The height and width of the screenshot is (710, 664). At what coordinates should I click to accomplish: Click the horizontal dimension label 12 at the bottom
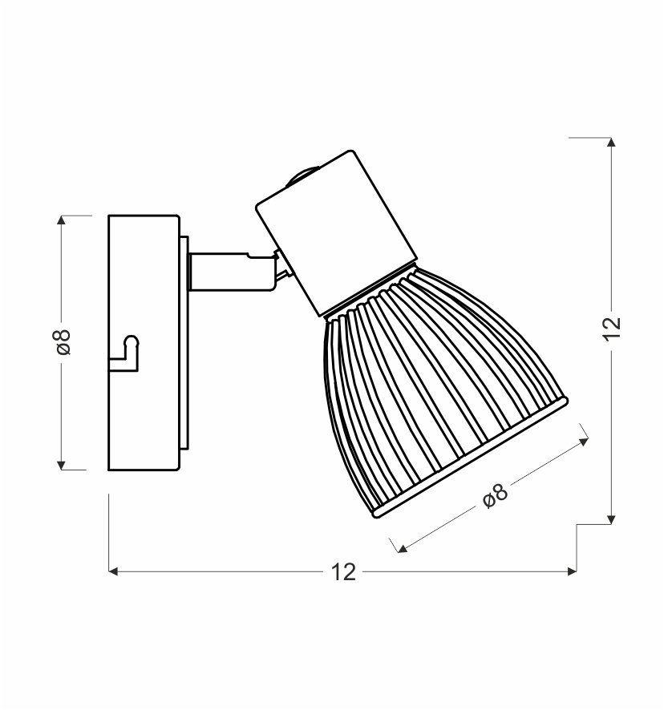tap(343, 572)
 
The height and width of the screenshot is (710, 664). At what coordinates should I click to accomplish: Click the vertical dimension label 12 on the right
tap(612, 329)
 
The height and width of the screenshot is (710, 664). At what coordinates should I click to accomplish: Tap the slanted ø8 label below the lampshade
tap(496, 495)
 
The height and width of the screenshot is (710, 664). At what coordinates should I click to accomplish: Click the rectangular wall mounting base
tap(144, 343)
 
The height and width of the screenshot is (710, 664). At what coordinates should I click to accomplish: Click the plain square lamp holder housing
tap(336, 232)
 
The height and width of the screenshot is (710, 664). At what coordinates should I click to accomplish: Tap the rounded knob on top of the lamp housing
tap(301, 175)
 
